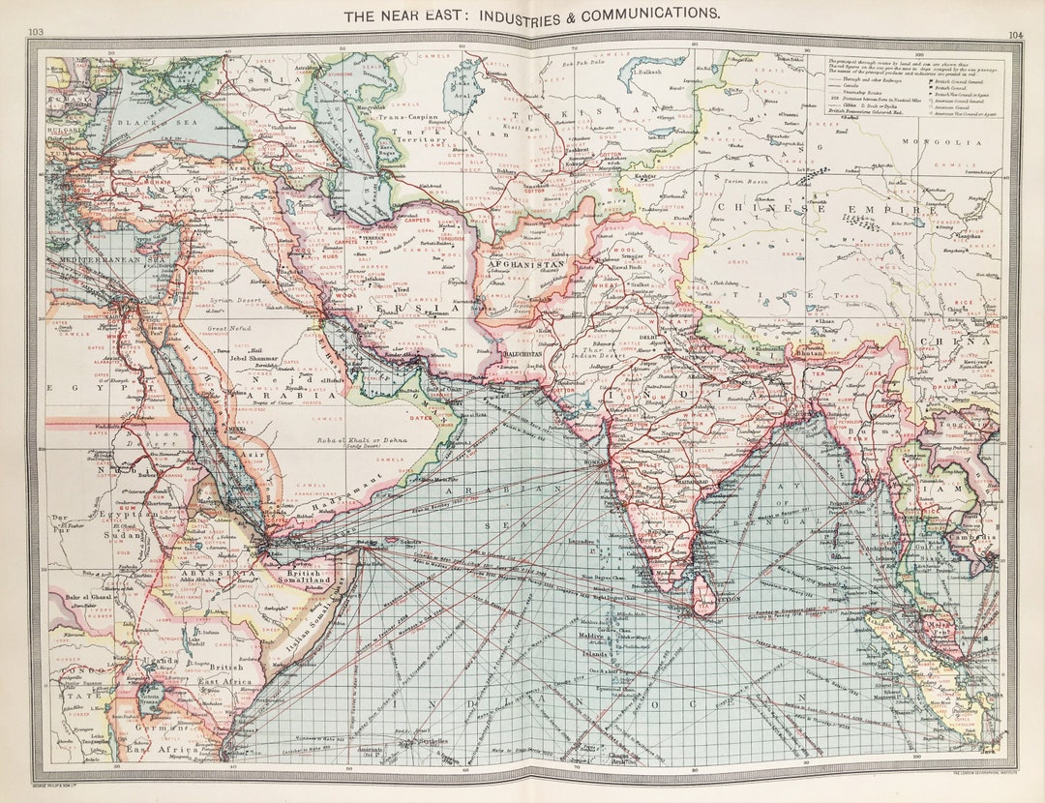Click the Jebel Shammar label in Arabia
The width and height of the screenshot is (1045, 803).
(254, 359)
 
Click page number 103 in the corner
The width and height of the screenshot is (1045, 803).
(36, 32)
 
